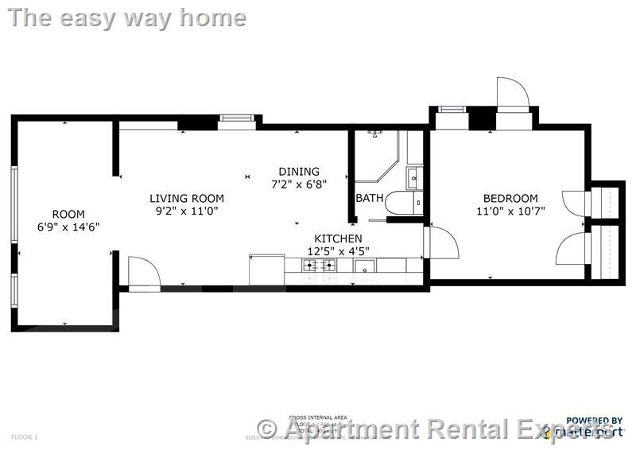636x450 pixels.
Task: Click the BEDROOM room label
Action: [510, 198]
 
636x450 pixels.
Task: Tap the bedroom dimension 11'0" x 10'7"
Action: [510, 211]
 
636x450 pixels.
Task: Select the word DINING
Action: [299, 171]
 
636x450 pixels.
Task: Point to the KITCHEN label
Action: [338, 239]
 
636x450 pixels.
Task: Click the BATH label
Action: [369, 198]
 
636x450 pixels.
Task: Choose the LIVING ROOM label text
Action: [187, 198]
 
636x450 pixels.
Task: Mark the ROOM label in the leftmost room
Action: [68, 214]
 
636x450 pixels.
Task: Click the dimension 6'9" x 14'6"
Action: [68, 227]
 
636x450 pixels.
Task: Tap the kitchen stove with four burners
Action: [320, 266]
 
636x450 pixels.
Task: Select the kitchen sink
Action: [365, 266]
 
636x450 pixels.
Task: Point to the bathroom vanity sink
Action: [415, 177]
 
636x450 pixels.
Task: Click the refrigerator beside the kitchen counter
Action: [266, 269]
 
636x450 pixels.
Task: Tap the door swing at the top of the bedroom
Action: [512, 93]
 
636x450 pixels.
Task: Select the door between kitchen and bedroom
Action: [442, 242]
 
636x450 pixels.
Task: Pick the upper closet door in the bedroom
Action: [574, 204]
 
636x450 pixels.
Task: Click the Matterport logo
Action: [592, 430]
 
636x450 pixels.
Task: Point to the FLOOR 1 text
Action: [25, 436]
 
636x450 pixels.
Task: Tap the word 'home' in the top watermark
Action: [212, 17]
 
